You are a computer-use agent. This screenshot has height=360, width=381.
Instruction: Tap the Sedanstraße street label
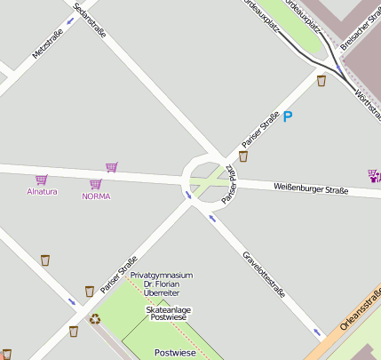tap(90, 20)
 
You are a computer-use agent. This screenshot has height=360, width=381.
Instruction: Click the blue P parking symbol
tap(288, 116)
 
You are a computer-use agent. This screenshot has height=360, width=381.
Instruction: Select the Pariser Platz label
tap(229, 184)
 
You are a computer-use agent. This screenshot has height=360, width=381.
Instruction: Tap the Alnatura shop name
tap(42, 191)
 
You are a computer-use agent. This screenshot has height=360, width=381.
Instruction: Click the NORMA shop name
tap(96, 196)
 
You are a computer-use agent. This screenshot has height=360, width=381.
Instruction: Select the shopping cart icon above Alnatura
tap(41, 180)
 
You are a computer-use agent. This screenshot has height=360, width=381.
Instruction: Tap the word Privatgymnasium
tap(161, 276)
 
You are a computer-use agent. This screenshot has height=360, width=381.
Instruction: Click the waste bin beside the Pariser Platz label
tap(242, 156)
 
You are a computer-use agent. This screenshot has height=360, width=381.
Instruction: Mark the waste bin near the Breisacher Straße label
tap(321, 81)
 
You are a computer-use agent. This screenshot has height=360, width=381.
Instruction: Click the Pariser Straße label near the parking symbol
tap(260, 130)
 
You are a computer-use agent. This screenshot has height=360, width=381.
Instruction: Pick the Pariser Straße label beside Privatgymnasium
tap(119, 275)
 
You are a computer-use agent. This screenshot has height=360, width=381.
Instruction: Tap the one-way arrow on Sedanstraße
tap(70, 20)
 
